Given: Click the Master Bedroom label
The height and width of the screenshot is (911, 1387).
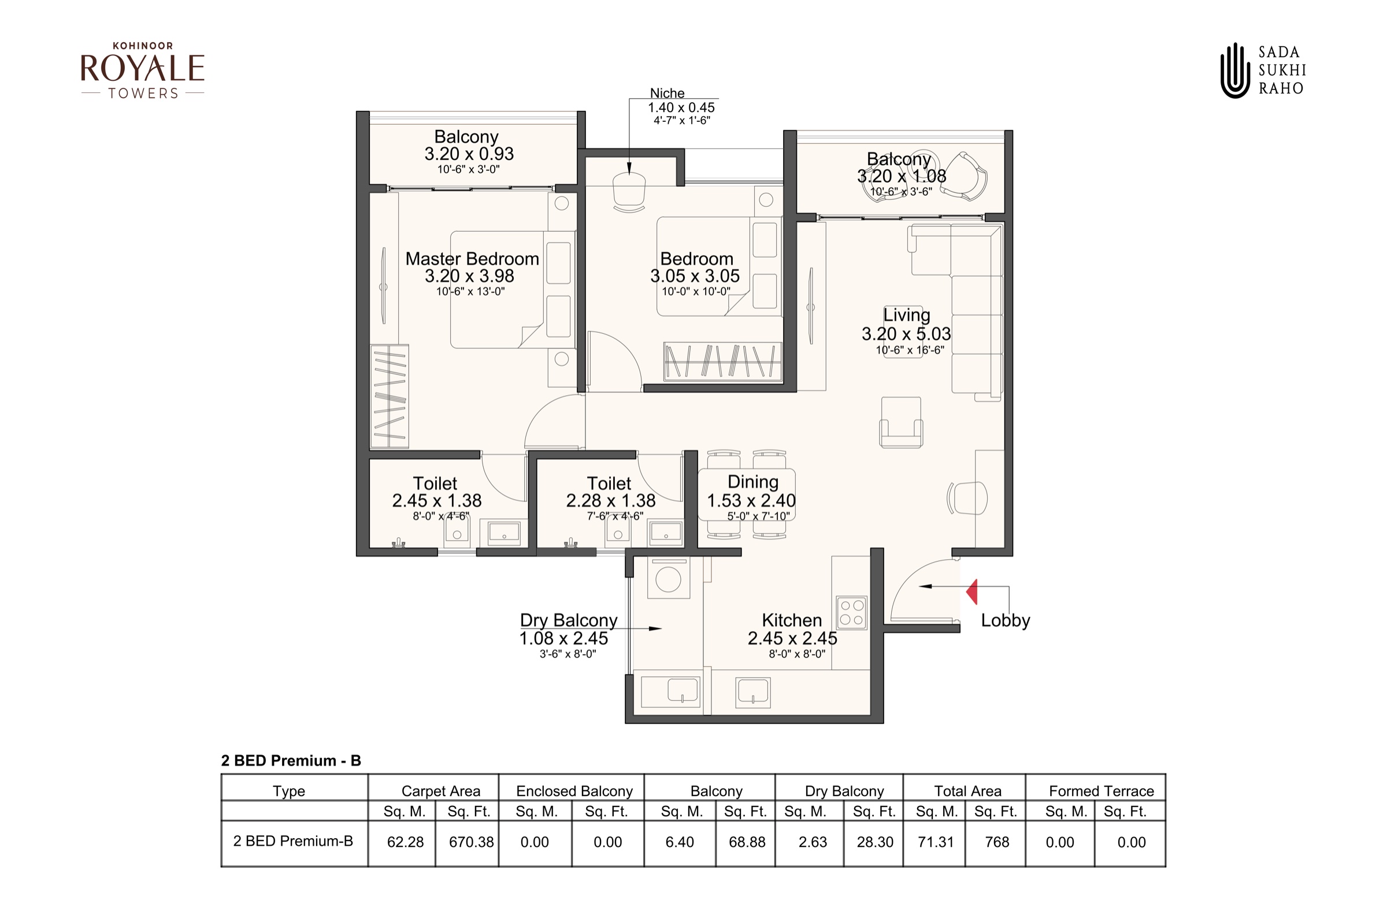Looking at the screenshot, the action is pyautogui.click(x=472, y=259).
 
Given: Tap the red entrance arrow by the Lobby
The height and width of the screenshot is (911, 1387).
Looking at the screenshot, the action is pyautogui.click(x=971, y=591).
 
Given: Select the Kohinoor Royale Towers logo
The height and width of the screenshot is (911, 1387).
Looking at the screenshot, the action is pyautogui.click(x=143, y=70).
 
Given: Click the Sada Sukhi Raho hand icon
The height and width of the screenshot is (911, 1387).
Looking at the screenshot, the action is pyautogui.click(x=1236, y=70).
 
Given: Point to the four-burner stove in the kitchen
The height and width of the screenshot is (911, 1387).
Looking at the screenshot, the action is pyautogui.click(x=851, y=612).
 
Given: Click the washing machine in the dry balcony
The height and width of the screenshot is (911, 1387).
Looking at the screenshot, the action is pyautogui.click(x=669, y=578).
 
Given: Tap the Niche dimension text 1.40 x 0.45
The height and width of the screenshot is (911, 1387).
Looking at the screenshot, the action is pyautogui.click(x=681, y=108).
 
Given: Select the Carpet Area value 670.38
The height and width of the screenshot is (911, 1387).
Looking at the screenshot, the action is pyautogui.click(x=471, y=842).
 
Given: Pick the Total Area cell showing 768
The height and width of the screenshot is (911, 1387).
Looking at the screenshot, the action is pyautogui.click(x=997, y=842).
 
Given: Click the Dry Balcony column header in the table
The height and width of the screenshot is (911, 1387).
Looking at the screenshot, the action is pyautogui.click(x=844, y=791).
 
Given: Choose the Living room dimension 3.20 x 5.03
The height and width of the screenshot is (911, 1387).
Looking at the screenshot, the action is pyautogui.click(x=906, y=334).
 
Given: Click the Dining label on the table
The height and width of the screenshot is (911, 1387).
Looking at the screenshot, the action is pyautogui.click(x=753, y=482).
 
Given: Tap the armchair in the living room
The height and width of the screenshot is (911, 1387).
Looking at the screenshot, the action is pyautogui.click(x=901, y=422).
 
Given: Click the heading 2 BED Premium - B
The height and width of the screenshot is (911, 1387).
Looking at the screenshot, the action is pyautogui.click(x=291, y=761).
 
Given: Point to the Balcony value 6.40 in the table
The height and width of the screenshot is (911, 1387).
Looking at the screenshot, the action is pyautogui.click(x=680, y=842).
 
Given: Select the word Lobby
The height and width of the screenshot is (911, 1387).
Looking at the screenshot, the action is pyautogui.click(x=1005, y=620).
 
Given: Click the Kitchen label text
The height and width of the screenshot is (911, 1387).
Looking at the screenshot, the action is pyautogui.click(x=792, y=620).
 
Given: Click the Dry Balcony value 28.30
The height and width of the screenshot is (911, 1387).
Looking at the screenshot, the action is pyautogui.click(x=875, y=842).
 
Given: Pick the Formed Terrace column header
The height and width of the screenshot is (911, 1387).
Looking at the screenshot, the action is pyautogui.click(x=1102, y=791).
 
